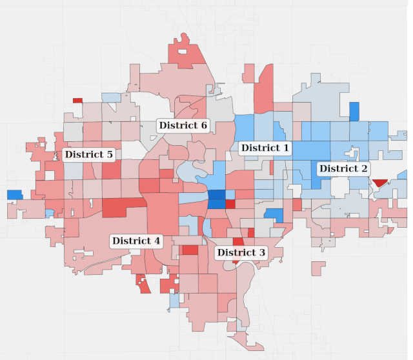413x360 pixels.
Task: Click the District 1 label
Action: [265, 148]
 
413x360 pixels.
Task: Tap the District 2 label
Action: [344, 168]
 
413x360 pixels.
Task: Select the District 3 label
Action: [241, 252]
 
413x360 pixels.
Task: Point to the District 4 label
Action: [136, 241]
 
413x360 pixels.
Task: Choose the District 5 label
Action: [88, 155]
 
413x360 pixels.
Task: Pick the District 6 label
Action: [183, 125]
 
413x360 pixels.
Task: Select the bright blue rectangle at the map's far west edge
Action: [14, 194]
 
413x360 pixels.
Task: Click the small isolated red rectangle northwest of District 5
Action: [77, 100]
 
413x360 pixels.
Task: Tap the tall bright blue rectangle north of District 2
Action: [354, 111]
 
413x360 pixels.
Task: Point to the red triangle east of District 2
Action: [378, 183]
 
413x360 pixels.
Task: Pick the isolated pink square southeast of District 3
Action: [318, 268]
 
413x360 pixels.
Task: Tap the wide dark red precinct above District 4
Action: [123, 208]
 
